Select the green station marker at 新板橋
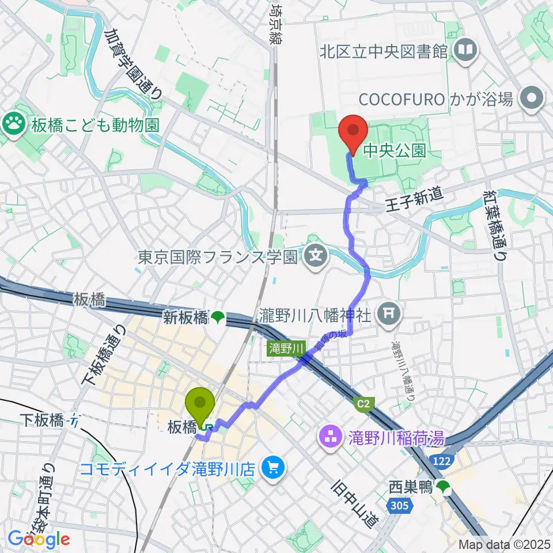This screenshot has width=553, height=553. pyautogui.click(x=218, y=316)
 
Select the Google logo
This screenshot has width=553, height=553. pyautogui.click(x=39, y=539)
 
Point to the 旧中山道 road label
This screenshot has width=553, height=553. pyautogui.click(x=353, y=503)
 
